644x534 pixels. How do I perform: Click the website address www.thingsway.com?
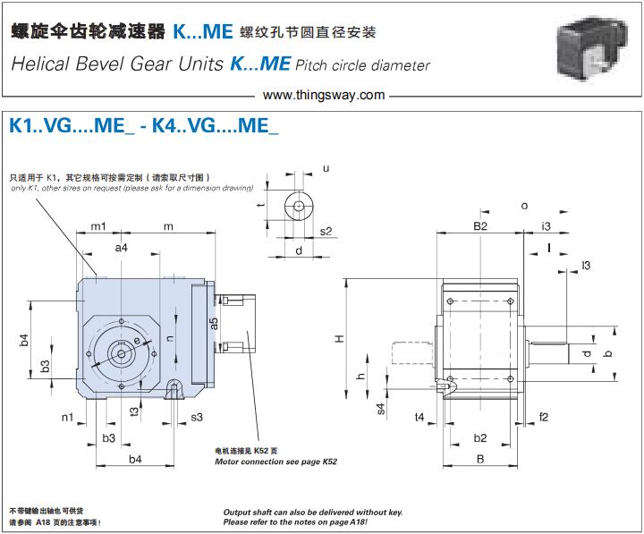[x=324, y=94]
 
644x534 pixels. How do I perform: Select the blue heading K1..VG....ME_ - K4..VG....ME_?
[x=144, y=126]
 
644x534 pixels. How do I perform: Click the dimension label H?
[x=338, y=338]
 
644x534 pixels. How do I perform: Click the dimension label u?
[x=326, y=168]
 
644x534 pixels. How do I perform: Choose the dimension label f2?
[x=543, y=417]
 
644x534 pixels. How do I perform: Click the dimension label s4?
[x=380, y=408]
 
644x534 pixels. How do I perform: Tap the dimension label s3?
[x=197, y=418]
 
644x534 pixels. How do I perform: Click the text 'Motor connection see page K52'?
[x=276, y=462]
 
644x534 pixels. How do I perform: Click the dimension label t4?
[x=419, y=417]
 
